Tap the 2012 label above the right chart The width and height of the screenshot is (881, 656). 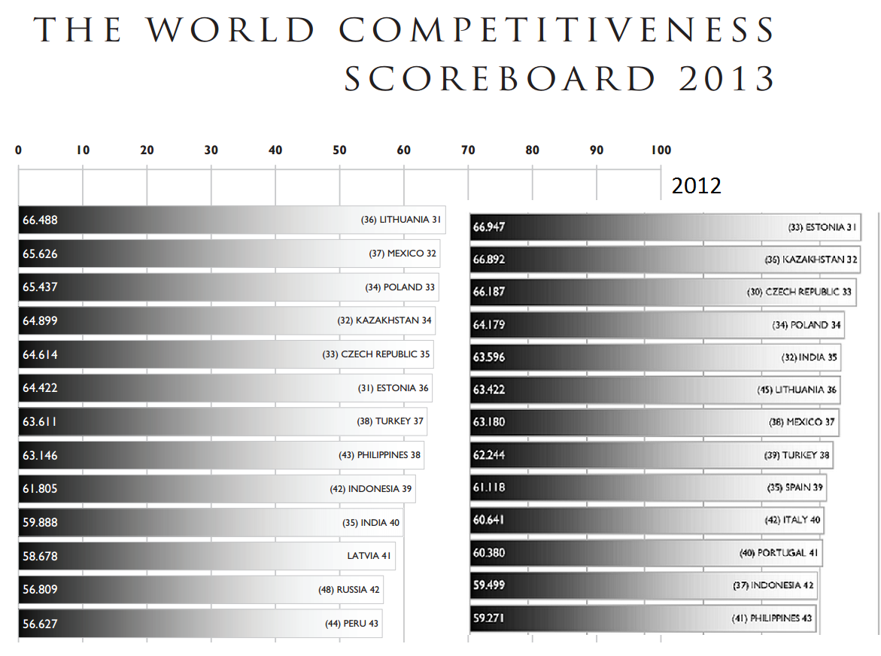(x=696, y=186)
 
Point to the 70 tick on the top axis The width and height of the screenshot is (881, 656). (x=468, y=150)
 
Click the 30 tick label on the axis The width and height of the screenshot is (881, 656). (x=211, y=150)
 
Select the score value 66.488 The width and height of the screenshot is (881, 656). (x=40, y=220)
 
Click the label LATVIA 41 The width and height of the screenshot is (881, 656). (x=369, y=556)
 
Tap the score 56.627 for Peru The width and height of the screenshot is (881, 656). (x=40, y=624)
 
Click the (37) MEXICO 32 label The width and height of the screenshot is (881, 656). (x=403, y=254)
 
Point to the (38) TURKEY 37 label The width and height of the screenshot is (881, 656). (x=390, y=421)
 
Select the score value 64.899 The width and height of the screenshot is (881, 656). (x=40, y=320)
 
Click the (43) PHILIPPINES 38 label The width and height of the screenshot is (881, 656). (x=379, y=455)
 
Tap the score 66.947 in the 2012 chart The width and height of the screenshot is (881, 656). (x=489, y=226)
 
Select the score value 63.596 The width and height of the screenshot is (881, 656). (x=489, y=357)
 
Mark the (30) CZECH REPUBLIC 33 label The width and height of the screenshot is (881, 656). (x=800, y=292)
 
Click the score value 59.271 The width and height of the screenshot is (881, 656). (x=489, y=618)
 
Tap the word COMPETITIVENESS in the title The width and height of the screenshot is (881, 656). (x=557, y=30)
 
